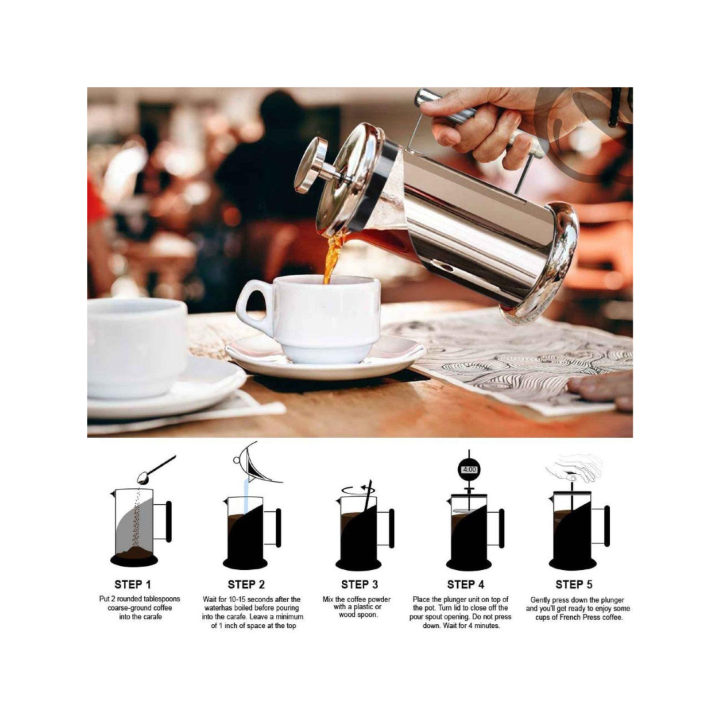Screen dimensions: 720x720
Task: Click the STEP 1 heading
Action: (x=133, y=585)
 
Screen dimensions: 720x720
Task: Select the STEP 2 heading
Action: (x=246, y=585)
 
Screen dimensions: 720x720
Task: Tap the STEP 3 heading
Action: (x=359, y=585)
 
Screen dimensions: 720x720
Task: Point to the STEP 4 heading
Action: (x=465, y=585)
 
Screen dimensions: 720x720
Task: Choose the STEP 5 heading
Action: (x=574, y=585)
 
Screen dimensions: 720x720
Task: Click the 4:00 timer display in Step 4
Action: (x=469, y=470)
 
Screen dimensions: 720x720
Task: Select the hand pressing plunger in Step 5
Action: (x=574, y=467)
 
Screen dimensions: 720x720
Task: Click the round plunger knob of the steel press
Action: (x=311, y=165)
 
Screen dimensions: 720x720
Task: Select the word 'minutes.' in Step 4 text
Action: (x=485, y=625)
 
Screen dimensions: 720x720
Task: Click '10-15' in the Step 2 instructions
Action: (x=237, y=599)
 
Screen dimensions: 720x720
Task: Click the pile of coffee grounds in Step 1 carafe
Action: (x=134, y=551)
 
